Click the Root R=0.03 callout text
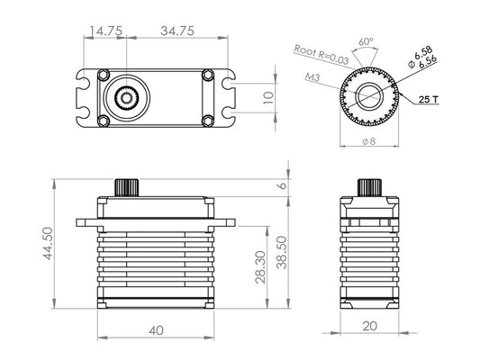[322, 53]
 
